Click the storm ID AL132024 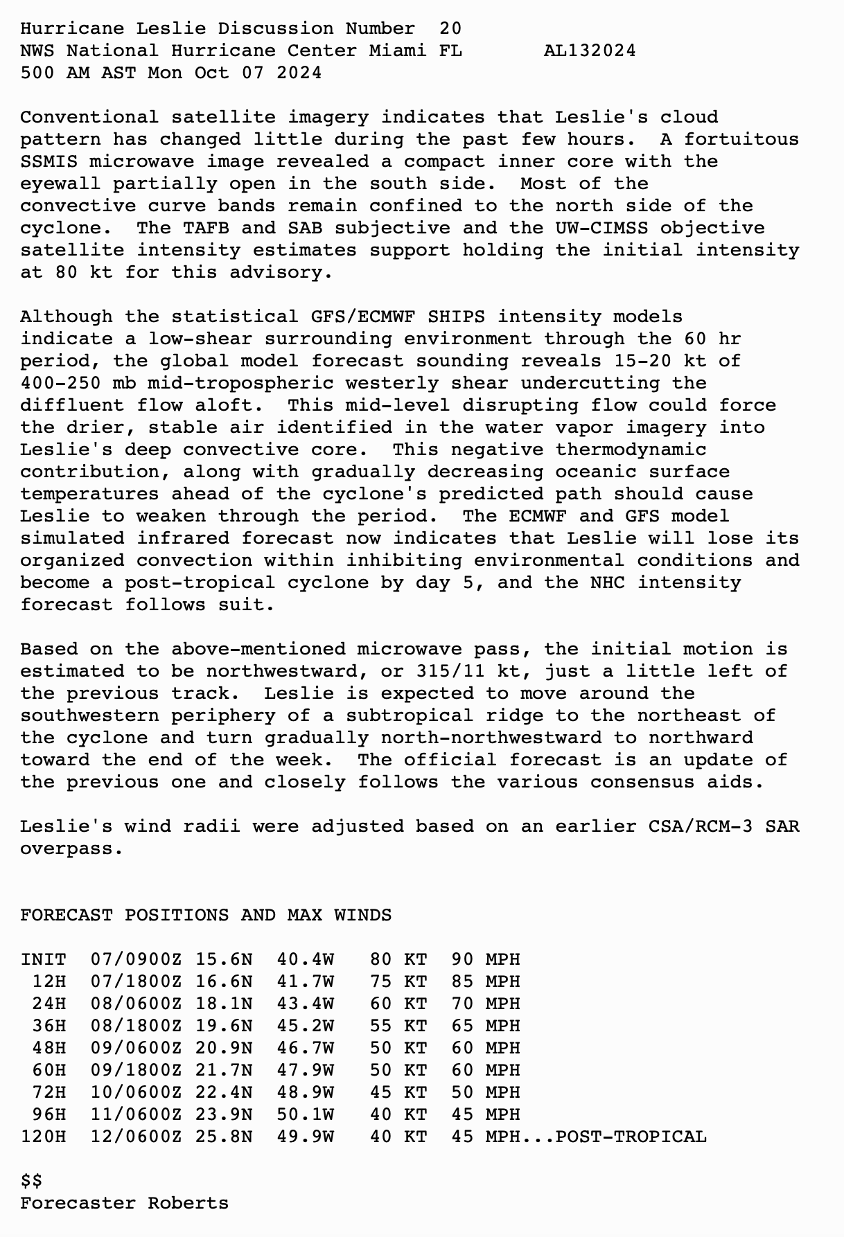pyautogui.click(x=590, y=51)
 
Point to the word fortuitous pyautogui.click(x=741, y=139)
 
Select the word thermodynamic pyautogui.click(x=631, y=450)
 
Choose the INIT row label pyautogui.click(x=43, y=959)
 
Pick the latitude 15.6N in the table pyautogui.click(x=223, y=959)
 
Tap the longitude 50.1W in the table pyautogui.click(x=305, y=1114)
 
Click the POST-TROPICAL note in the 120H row pyautogui.click(x=631, y=1137)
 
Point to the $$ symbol pyautogui.click(x=31, y=1181)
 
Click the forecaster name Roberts pyautogui.click(x=188, y=1203)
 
